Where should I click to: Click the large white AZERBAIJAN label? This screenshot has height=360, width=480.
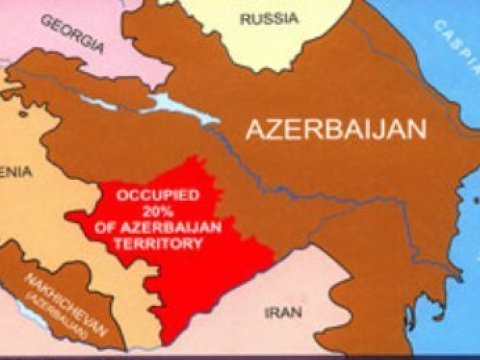coord(337,130)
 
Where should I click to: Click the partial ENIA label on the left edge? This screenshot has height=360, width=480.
coord(15,171)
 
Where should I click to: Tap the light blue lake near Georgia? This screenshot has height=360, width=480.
coord(180,108)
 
